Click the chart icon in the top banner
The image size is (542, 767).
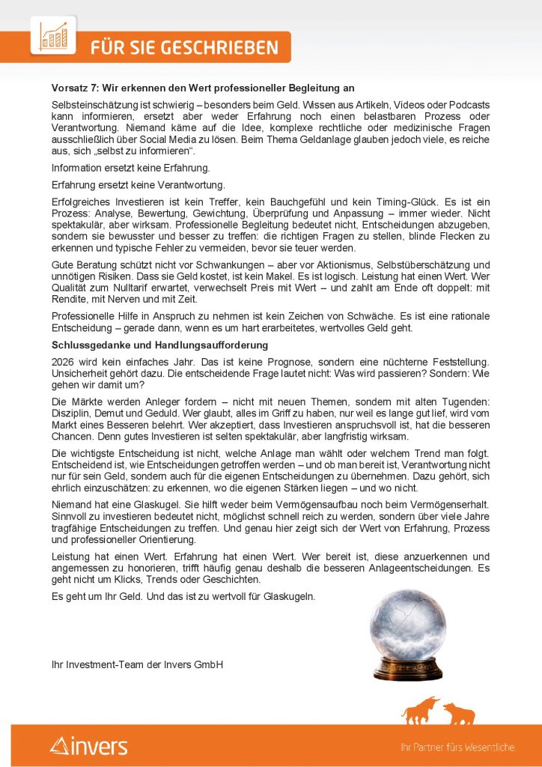pos(53,36)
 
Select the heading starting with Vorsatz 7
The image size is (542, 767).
pos(202,88)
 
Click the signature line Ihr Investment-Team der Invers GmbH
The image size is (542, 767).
pos(137,664)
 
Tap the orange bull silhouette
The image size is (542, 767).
pos(421,711)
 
